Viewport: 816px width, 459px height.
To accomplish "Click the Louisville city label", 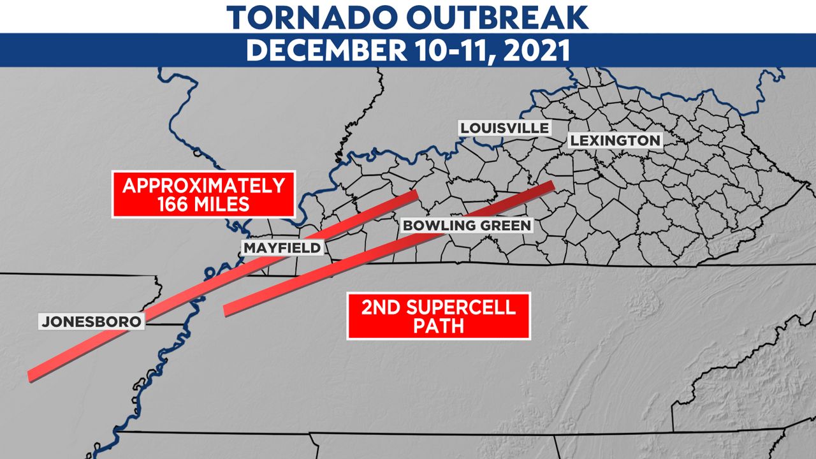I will [x=504, y=128].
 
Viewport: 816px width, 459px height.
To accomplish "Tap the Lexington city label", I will [x=615, y=140].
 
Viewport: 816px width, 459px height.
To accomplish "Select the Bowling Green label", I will [x=466, y=225].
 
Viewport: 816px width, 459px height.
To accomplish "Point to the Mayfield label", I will [x=282, y=247].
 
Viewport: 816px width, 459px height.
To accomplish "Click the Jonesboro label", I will [x=91, y=322].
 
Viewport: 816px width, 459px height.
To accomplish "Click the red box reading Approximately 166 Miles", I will [x=203, y=194].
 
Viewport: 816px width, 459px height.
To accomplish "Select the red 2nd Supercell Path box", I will [x=438, y=316].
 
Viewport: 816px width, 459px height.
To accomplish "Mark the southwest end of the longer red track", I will [x=30, y=376].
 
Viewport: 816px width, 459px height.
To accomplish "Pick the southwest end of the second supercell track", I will [x=226, y=310].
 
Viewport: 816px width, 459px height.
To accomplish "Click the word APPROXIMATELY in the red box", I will [x=203, y=186].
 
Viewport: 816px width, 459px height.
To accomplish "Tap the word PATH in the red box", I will [x=438, y=326].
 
